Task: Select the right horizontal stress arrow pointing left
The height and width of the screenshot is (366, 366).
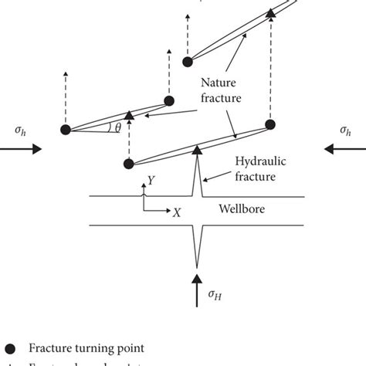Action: [344, 151]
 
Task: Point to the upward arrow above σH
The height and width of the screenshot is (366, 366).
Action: [198, 279]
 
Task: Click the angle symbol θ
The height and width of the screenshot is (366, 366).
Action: [117, 129]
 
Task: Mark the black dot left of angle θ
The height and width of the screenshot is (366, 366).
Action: [66, 129]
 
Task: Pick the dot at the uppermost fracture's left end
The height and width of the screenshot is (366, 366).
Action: [186, 60]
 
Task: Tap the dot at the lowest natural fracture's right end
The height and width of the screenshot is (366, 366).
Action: [270, 124]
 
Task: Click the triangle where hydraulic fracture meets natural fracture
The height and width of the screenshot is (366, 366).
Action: [197, 148]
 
